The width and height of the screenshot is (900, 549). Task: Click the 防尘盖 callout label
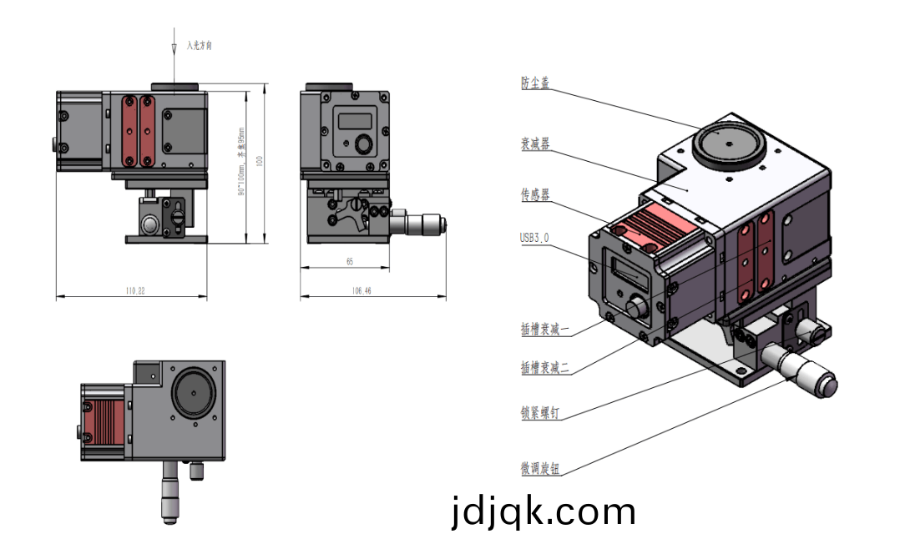pyautogui.click(x=535, y=83)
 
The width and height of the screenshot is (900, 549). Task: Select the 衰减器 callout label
pyautogui.click(x=535, y=144)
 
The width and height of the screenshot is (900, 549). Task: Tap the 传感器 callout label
pyautogui.click(x=535, y=194)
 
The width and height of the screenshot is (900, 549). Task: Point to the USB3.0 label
pyautogui.click(x=534, y=239)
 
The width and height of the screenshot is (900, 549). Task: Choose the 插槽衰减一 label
pyautogui.click(x=544, y=330)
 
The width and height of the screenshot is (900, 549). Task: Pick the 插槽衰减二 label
pyautogui.click(x=544, y=367)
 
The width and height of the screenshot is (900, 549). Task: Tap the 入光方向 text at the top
pyautogui.click(x=200, y=46)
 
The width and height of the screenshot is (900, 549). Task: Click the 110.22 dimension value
pyautogui.click(x=135, y=291)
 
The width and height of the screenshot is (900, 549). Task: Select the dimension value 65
pyautogui.click(x=349, y=262)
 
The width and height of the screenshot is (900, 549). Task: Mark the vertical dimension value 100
pyautogui.click(x=260, y=161)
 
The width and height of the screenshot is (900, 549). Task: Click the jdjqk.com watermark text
pyautogui.click(x=543, y=511)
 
